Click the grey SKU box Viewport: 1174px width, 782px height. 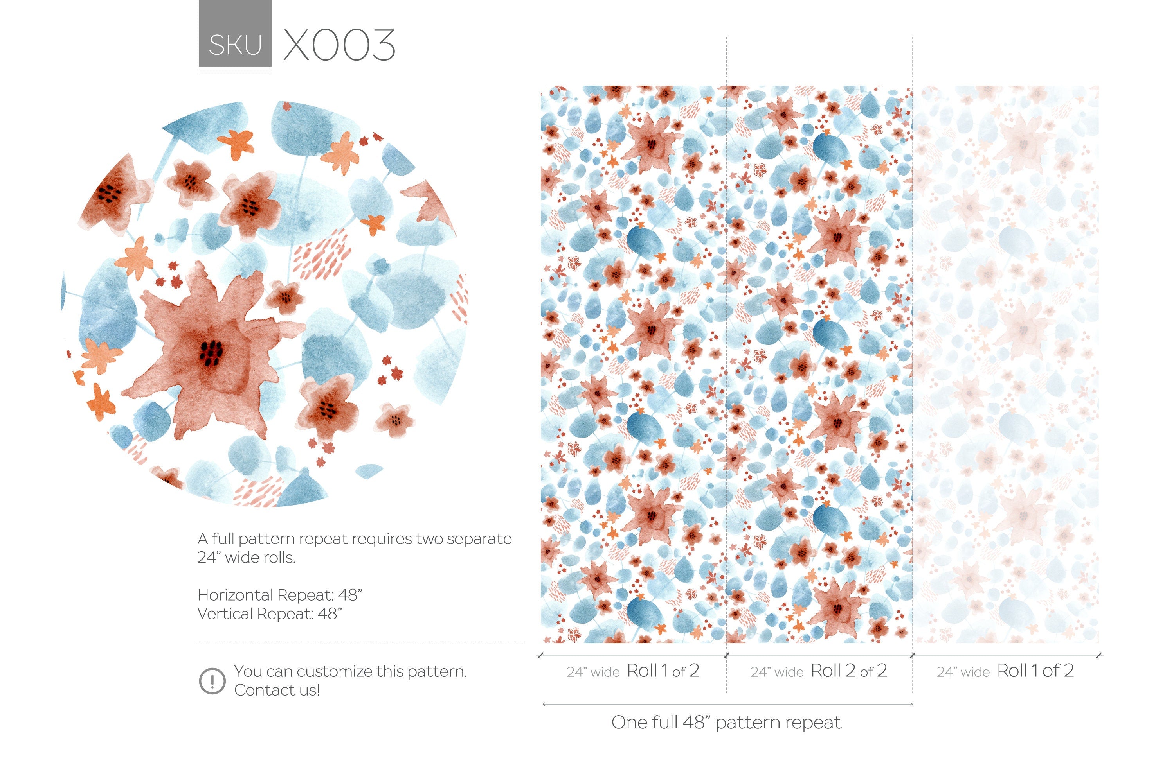235,33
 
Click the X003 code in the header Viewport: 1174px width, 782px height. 339,45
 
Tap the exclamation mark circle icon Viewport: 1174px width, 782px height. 212,681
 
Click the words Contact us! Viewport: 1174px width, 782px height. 277,690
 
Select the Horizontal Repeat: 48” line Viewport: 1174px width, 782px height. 279,595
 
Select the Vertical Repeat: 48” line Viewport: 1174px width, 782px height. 270,613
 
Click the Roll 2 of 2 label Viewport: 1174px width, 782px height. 848,671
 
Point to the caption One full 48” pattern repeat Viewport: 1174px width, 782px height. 726,722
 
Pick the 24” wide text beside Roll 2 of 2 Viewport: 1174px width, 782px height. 777,672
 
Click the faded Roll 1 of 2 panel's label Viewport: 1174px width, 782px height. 1035,671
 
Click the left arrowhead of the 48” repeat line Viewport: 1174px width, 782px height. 544,704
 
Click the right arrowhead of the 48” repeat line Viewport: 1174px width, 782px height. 911,704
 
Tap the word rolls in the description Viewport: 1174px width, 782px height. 279,558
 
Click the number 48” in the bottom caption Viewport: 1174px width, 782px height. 696,722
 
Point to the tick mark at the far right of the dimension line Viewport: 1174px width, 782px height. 1100,655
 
